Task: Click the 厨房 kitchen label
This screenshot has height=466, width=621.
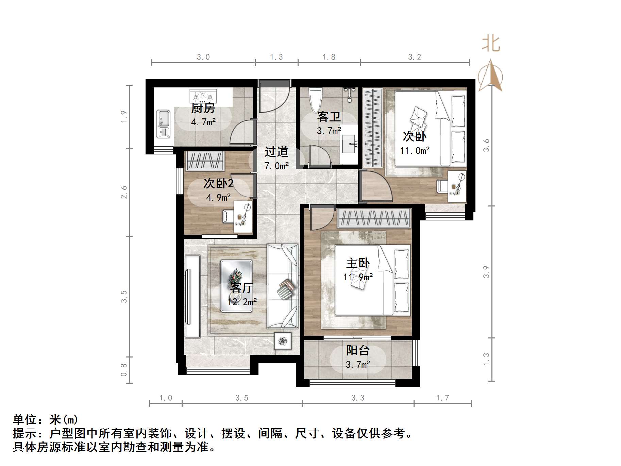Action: tap(203, 108)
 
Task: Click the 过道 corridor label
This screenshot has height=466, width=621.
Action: tap(276, 152)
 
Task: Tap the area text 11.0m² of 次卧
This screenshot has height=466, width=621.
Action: tap(415, 150)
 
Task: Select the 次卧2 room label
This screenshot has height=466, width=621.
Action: tap(218, 183)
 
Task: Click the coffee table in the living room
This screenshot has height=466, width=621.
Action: tap(236, 286)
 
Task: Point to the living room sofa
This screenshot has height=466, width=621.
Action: tap(283, 286)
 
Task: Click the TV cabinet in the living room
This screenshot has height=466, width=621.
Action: tap(192, 296)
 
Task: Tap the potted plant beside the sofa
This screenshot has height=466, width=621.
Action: tap(283, 341)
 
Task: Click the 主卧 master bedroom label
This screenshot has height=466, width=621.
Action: tap(358, 263)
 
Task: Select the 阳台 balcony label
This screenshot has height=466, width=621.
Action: tap(357, 350)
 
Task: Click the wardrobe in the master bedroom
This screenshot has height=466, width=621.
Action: tap(374, 218)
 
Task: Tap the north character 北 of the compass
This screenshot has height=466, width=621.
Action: tap(491, 44)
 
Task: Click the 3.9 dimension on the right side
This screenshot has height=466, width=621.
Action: tap(486, 272)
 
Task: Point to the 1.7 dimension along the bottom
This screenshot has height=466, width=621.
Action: tap(442, 398)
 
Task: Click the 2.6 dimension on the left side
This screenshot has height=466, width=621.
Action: tap(124, 192)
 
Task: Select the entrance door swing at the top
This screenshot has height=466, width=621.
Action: tap(274, 97)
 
